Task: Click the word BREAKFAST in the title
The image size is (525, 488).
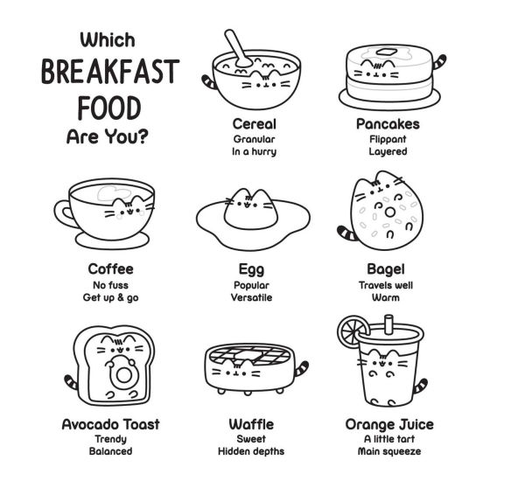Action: tap(110, 72)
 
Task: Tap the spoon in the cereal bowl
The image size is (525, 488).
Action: tap(237, 48)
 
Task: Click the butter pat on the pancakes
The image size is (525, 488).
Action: tap(387, 52)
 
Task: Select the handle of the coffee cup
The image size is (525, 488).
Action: tap(63, 213)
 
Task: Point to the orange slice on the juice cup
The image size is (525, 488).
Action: tap(353, 331)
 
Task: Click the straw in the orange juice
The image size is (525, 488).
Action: tap(388, 324)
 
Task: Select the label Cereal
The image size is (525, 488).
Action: tap(254, 124)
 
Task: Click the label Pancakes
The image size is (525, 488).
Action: tap(388, 124)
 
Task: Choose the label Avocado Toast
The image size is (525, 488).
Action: tap(110, 424)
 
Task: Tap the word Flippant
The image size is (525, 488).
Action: tap(388, 139)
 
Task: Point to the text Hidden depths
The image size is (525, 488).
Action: tap(251, 451)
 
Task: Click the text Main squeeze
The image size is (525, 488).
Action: tap(389, 451)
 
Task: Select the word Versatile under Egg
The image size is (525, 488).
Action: tap(251, 297)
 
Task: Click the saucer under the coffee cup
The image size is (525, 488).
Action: tap(112, 241)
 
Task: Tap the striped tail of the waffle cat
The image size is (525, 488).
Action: tap(302, 368)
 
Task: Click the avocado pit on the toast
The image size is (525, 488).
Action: tap(124, 376)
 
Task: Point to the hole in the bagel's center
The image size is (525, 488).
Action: tap(389, 213)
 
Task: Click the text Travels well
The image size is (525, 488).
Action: tap(385, 285)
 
